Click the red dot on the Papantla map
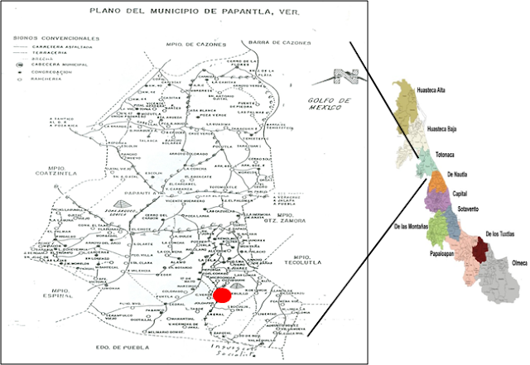coord(222,294)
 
